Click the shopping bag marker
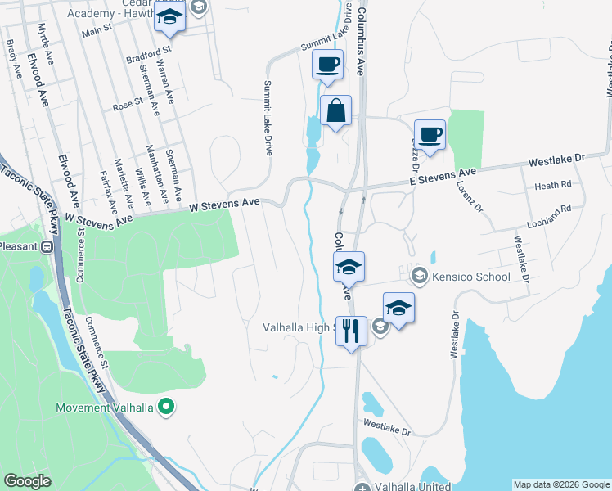point(335,110)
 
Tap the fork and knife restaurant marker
point(351,331)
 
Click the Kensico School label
point(472,277)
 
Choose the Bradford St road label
point(145,61)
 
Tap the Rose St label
point(128,105)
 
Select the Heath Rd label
point(552,186)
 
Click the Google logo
point(27,481)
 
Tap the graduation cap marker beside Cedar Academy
point(169,19)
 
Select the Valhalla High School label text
point(299,327)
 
